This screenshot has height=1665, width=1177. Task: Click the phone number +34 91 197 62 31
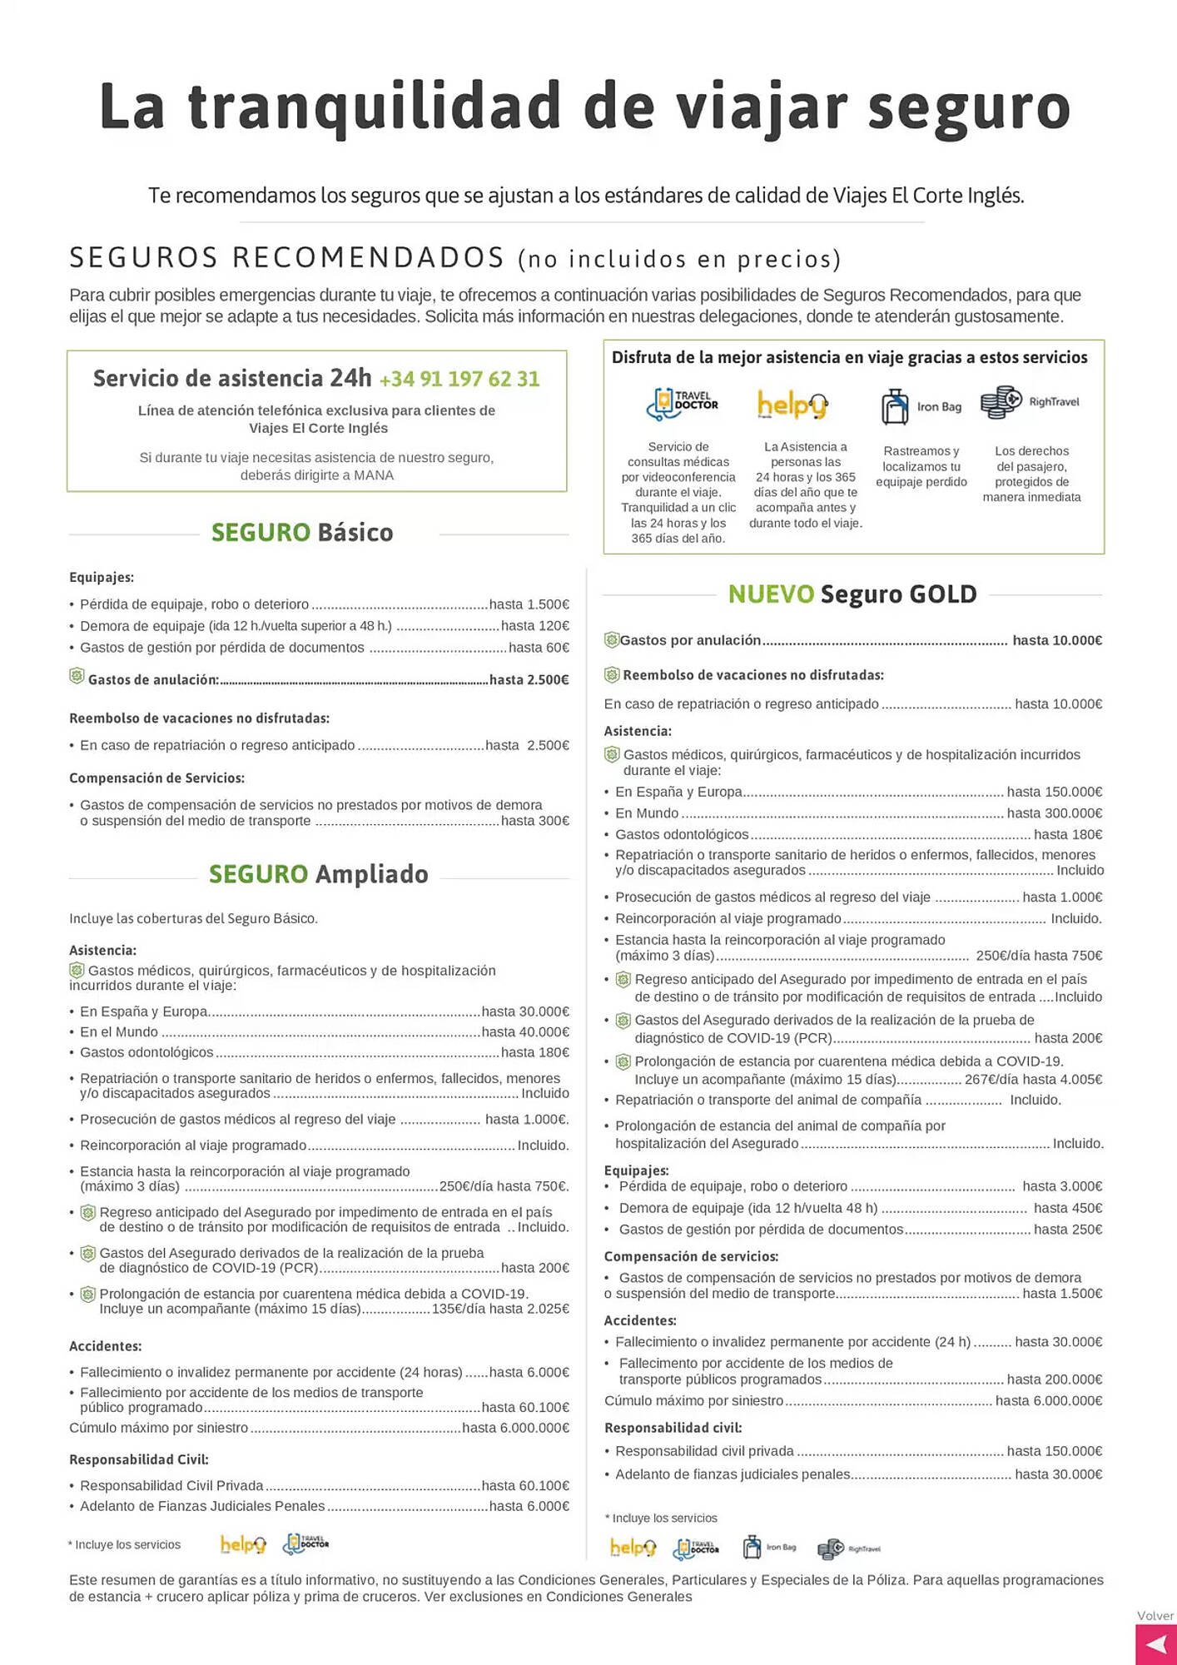459,380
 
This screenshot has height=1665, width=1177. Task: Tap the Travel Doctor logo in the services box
682,404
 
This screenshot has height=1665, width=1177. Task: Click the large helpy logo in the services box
792,405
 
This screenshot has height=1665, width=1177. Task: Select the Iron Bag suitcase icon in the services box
895,406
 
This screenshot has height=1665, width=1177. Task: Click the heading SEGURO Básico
302,532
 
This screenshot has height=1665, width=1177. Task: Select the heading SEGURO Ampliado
318,874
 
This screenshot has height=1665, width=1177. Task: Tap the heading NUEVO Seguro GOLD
852,594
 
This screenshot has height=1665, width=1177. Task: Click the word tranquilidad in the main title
375,107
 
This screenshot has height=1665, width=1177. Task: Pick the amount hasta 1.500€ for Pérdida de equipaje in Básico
529,604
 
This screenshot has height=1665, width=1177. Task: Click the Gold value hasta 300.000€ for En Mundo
1054,813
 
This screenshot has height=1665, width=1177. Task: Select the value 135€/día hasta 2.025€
500,1309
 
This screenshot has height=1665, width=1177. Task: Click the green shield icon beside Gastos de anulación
77,677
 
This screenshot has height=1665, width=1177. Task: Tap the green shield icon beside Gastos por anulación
612,640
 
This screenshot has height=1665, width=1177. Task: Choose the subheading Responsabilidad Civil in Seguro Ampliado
139,1459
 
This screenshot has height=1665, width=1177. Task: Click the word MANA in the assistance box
374,475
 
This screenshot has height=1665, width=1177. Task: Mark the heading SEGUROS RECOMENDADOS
287,258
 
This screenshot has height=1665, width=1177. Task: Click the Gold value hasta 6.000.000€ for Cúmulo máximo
1048,1401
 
